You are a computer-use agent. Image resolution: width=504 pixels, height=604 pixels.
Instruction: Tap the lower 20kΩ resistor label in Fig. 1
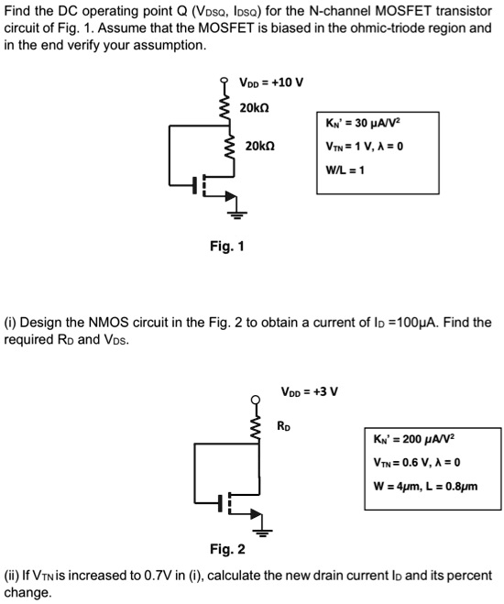(260, 147)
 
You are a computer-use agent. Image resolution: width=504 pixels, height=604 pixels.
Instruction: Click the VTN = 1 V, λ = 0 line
(364, 147)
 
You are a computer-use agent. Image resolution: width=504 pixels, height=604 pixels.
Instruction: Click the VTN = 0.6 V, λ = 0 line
(417, 462)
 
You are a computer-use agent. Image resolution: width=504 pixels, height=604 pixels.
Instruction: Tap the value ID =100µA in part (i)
(422, 323)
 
